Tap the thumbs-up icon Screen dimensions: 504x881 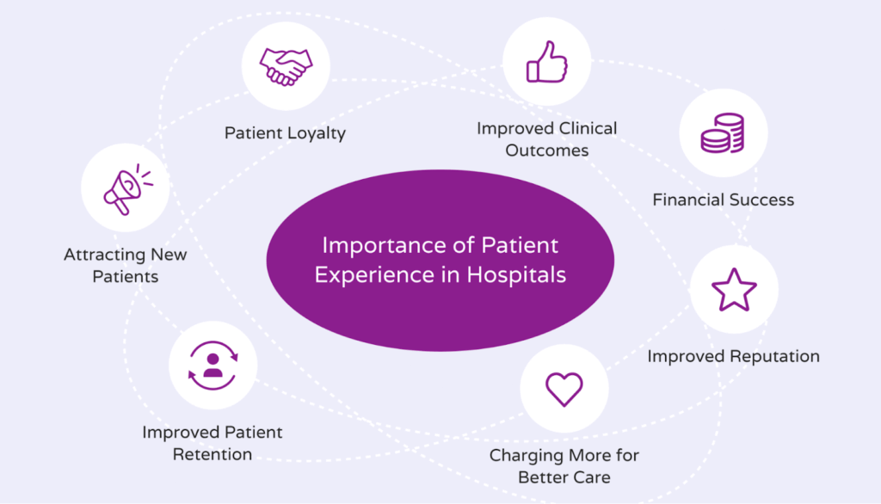pyautogui.click(x=547, y=61)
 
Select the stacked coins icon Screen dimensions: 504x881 pyautogui.click(x=724, y=133)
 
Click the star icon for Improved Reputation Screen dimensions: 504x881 pyautogui.click(x=734, y=289)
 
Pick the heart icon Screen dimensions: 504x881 pyautogui.click(x=564, y=388)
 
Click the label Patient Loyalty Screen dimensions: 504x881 pyautogui.click(x=285, y=133)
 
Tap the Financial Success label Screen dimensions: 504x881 pyautogui.click(x=723, y=200)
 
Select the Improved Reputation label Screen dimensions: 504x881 pyautogui.click(x=733, y=356)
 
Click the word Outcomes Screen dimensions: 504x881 pyautogui.click(x=547, y=151)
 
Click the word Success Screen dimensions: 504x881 pyautogui.click(x=761, y=200)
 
